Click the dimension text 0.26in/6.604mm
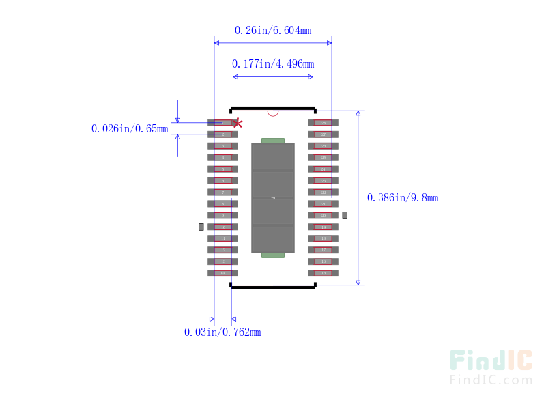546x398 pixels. [x=273, y=30]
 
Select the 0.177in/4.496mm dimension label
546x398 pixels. [x=273, y=63]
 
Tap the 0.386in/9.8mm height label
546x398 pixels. [x=403, y=198]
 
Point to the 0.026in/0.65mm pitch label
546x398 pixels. [x=130, y=128]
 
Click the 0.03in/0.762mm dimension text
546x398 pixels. [x=222, y=332]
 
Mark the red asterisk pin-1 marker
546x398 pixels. [x=238, y=123]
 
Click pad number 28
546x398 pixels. [x=323, y=123]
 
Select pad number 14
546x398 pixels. [x=222, y=273]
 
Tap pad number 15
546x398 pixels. [x=323, y=273]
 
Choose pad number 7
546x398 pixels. [x=222, y=193]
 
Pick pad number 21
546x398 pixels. [x=323, y=203]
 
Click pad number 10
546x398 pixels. [x=222, y=227]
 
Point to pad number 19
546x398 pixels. [x=323, y=227]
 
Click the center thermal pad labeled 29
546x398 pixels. [x=273, y=198]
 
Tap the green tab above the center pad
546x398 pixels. [x=273, y=141]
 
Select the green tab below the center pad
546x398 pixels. [x=273, y=255]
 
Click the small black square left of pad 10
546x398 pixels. [x=201, y=227]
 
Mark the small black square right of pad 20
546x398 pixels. [x=345, y=215]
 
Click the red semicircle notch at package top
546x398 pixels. [x=273, y=113]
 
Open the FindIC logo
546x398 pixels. [x=491, y=367]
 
